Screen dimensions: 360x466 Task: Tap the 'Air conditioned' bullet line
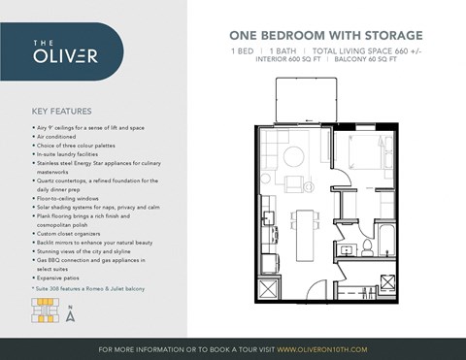click(67, 135)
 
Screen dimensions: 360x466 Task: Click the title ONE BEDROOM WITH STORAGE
click(311, 36)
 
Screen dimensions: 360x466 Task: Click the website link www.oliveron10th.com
click(321, 348)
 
